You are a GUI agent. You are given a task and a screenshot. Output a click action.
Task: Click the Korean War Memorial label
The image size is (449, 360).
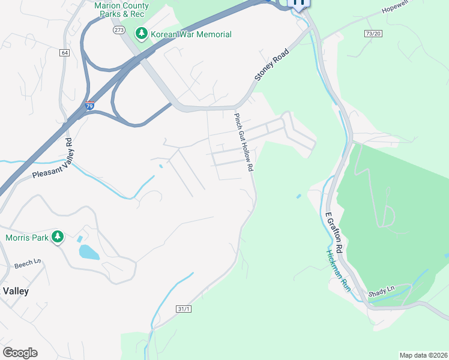point(191,34)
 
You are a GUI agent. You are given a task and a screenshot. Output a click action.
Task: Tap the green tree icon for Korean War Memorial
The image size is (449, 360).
point(142,34)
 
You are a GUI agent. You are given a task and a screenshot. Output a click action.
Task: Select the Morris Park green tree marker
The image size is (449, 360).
point(58,237)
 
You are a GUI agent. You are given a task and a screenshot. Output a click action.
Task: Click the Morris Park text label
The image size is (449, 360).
point(27,238)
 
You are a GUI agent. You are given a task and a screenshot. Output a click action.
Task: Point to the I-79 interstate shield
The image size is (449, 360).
point(89,106)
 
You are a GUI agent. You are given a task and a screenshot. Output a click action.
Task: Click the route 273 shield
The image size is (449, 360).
point(119,29)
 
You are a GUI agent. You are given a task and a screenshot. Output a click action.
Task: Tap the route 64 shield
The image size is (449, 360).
point(64,53)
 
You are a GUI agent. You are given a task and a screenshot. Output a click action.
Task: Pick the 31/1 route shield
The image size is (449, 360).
point(184,308)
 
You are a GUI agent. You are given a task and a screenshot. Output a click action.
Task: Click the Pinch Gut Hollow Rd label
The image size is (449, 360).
point(244,142)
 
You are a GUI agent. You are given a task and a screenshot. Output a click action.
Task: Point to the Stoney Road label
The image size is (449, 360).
point(272,65)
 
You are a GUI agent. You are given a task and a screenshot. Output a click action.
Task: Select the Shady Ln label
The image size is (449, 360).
point(382,289)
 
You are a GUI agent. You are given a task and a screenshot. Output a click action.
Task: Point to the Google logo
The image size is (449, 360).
point(20,353)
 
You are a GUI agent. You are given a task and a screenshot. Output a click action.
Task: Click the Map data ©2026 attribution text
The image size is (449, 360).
point(423,355)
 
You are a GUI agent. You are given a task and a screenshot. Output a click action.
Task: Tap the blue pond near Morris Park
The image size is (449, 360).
point(88,251)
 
